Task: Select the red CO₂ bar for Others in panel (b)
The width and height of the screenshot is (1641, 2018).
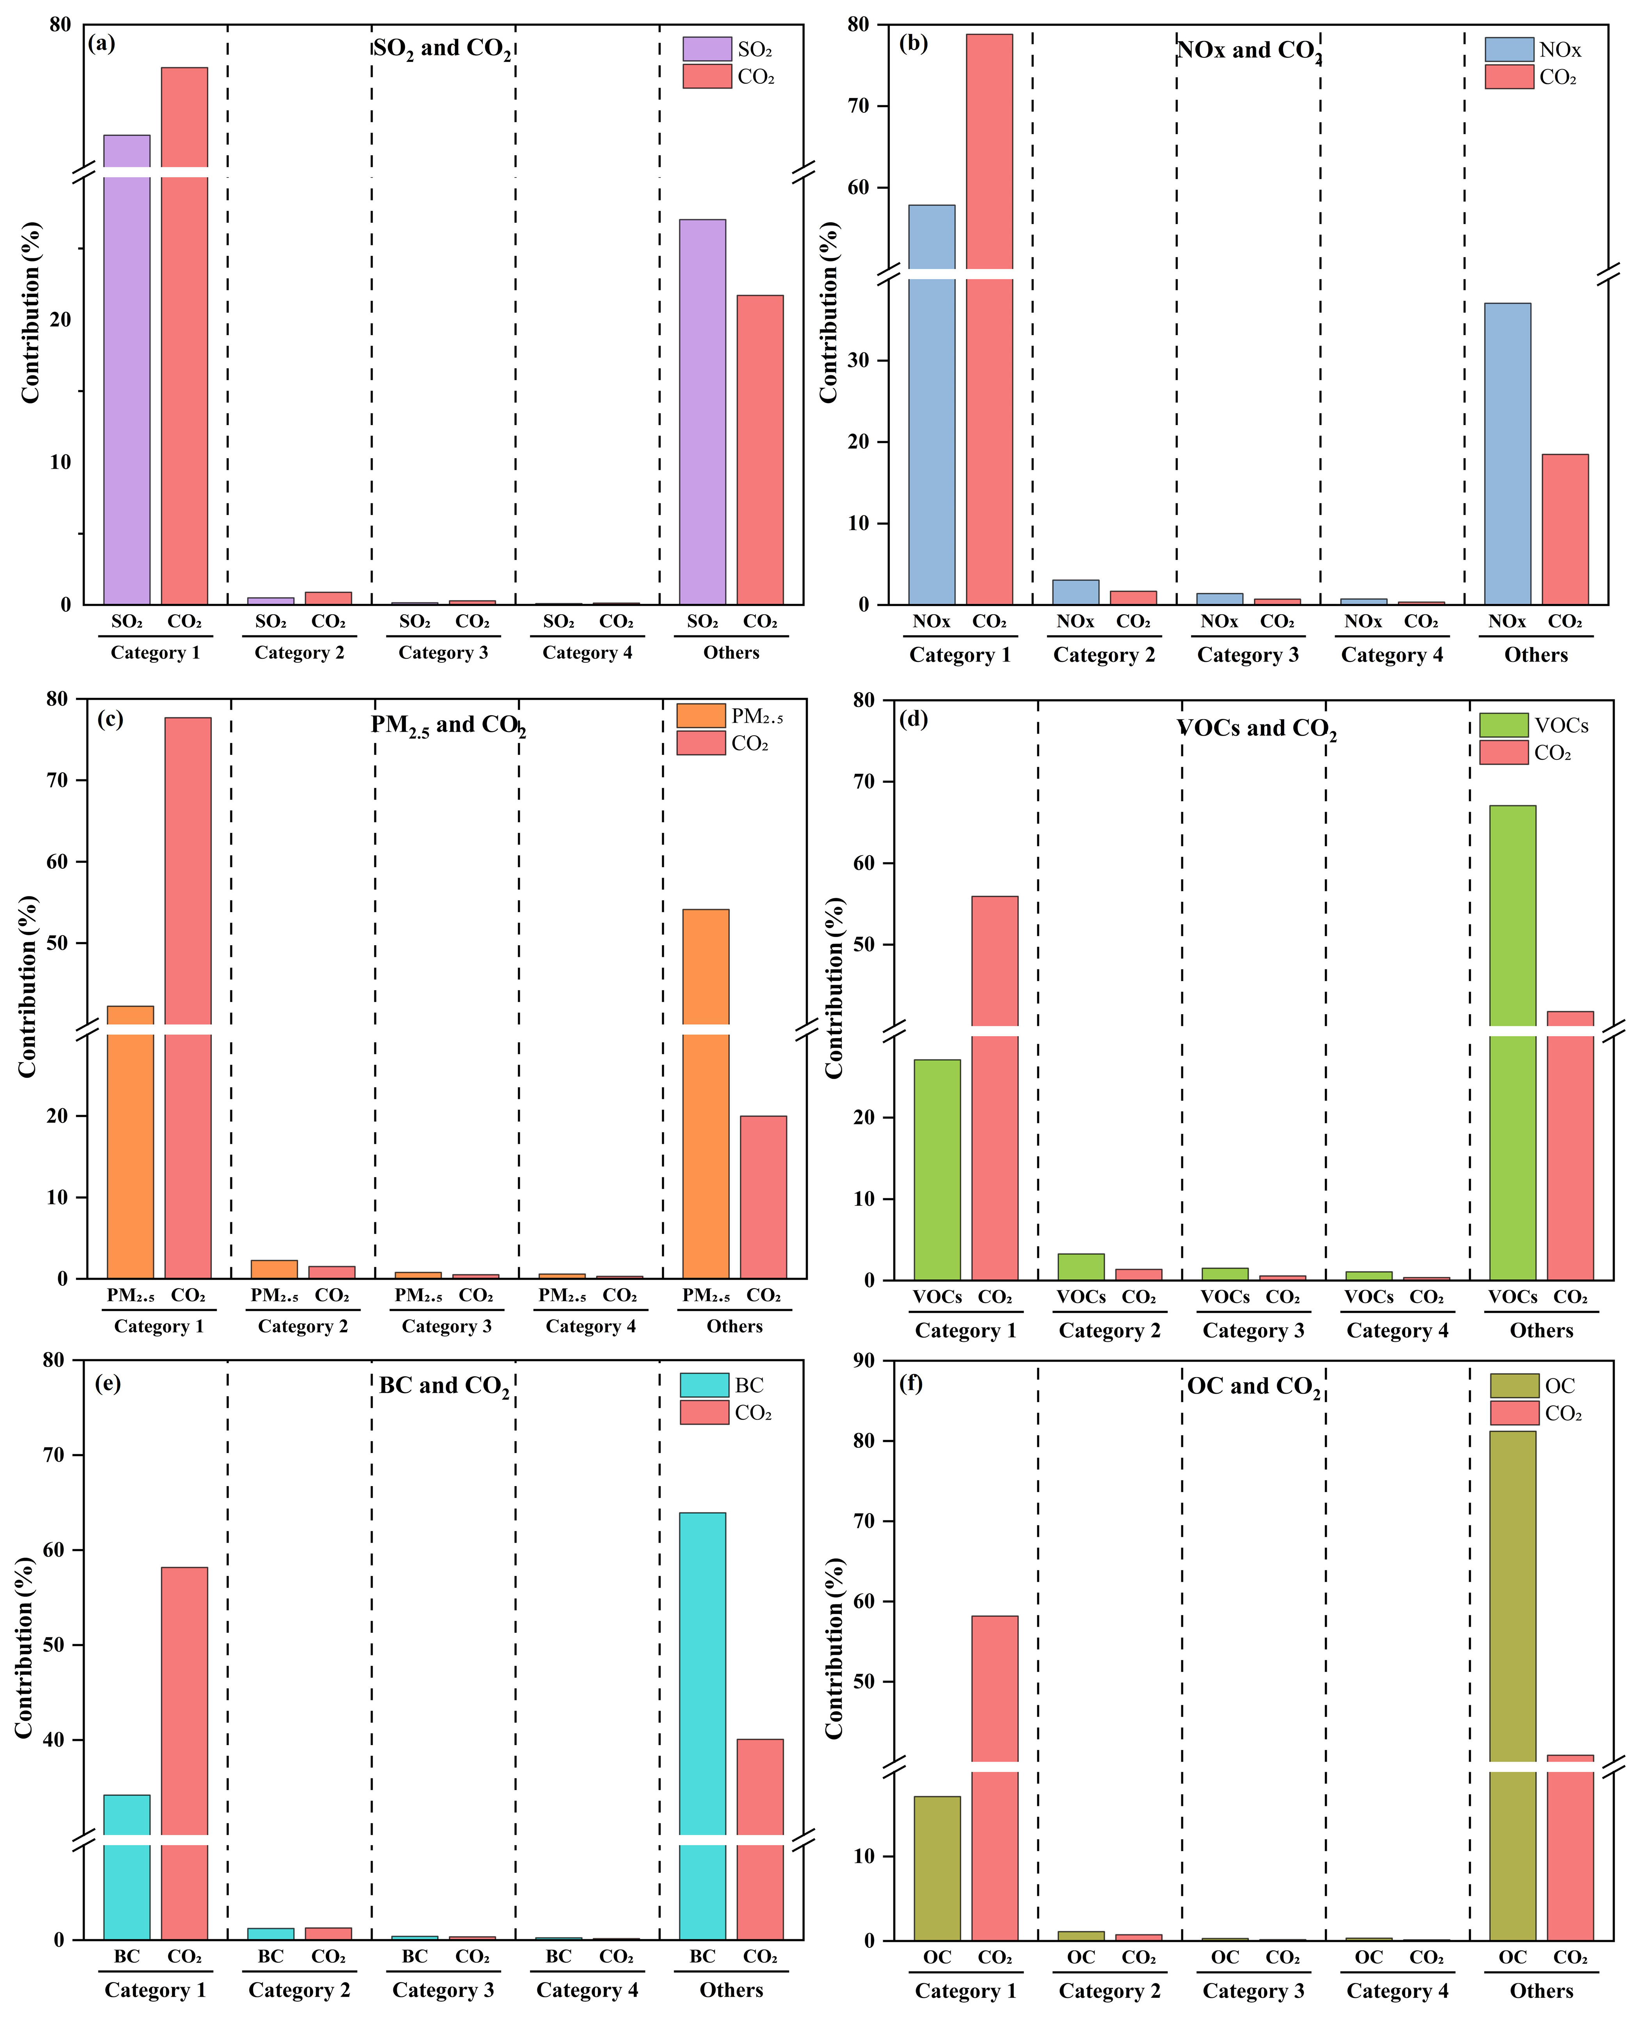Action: [1565, 529]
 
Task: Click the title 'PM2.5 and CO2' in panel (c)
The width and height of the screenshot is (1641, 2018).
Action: [448, 726]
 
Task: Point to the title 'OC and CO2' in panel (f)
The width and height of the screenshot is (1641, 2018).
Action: [1253, 1387]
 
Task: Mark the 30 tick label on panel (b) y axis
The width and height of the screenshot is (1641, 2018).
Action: [858, 360]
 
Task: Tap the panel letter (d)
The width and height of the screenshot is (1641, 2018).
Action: [913, 719]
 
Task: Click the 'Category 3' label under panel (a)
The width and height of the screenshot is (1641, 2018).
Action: [443, 652]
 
